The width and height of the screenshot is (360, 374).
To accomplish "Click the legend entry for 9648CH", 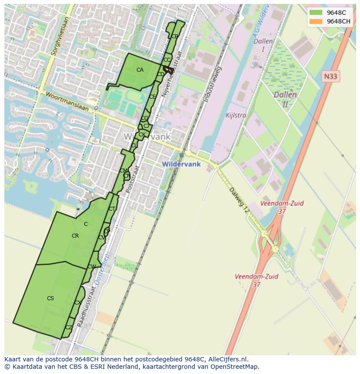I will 338,21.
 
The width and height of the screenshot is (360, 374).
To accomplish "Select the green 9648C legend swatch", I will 316,13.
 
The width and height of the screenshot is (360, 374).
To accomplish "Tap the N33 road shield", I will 331,76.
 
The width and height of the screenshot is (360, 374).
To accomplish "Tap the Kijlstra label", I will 236,116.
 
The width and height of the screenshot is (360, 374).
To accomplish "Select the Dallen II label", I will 285,99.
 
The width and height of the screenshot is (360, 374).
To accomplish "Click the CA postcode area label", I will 140,70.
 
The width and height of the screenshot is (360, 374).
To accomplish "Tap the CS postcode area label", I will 50,298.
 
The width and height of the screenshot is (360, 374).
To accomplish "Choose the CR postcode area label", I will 75,236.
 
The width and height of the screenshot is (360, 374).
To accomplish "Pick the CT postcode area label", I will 112,209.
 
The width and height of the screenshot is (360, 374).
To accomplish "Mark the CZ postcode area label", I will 69,328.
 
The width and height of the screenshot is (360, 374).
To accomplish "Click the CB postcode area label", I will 174,36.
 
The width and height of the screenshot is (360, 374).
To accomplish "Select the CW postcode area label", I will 91,267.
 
